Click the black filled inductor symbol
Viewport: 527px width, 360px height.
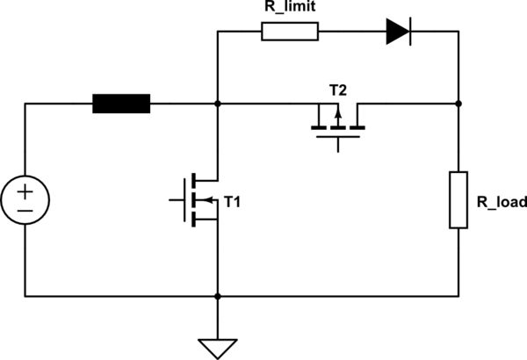click(x=122, y=104)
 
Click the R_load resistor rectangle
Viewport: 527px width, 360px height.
click(x=458, y=200)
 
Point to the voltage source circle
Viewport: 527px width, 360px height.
click(x=25, y=199)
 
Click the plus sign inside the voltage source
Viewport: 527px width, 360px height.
click(x=25, y=191)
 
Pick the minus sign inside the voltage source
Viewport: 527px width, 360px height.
click(x=25, y=210)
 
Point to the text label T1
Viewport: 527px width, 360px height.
click(x=233, y=202)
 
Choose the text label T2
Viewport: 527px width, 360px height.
click(x=337, y=90)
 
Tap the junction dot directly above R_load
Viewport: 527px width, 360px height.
click(x=458, y=104)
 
